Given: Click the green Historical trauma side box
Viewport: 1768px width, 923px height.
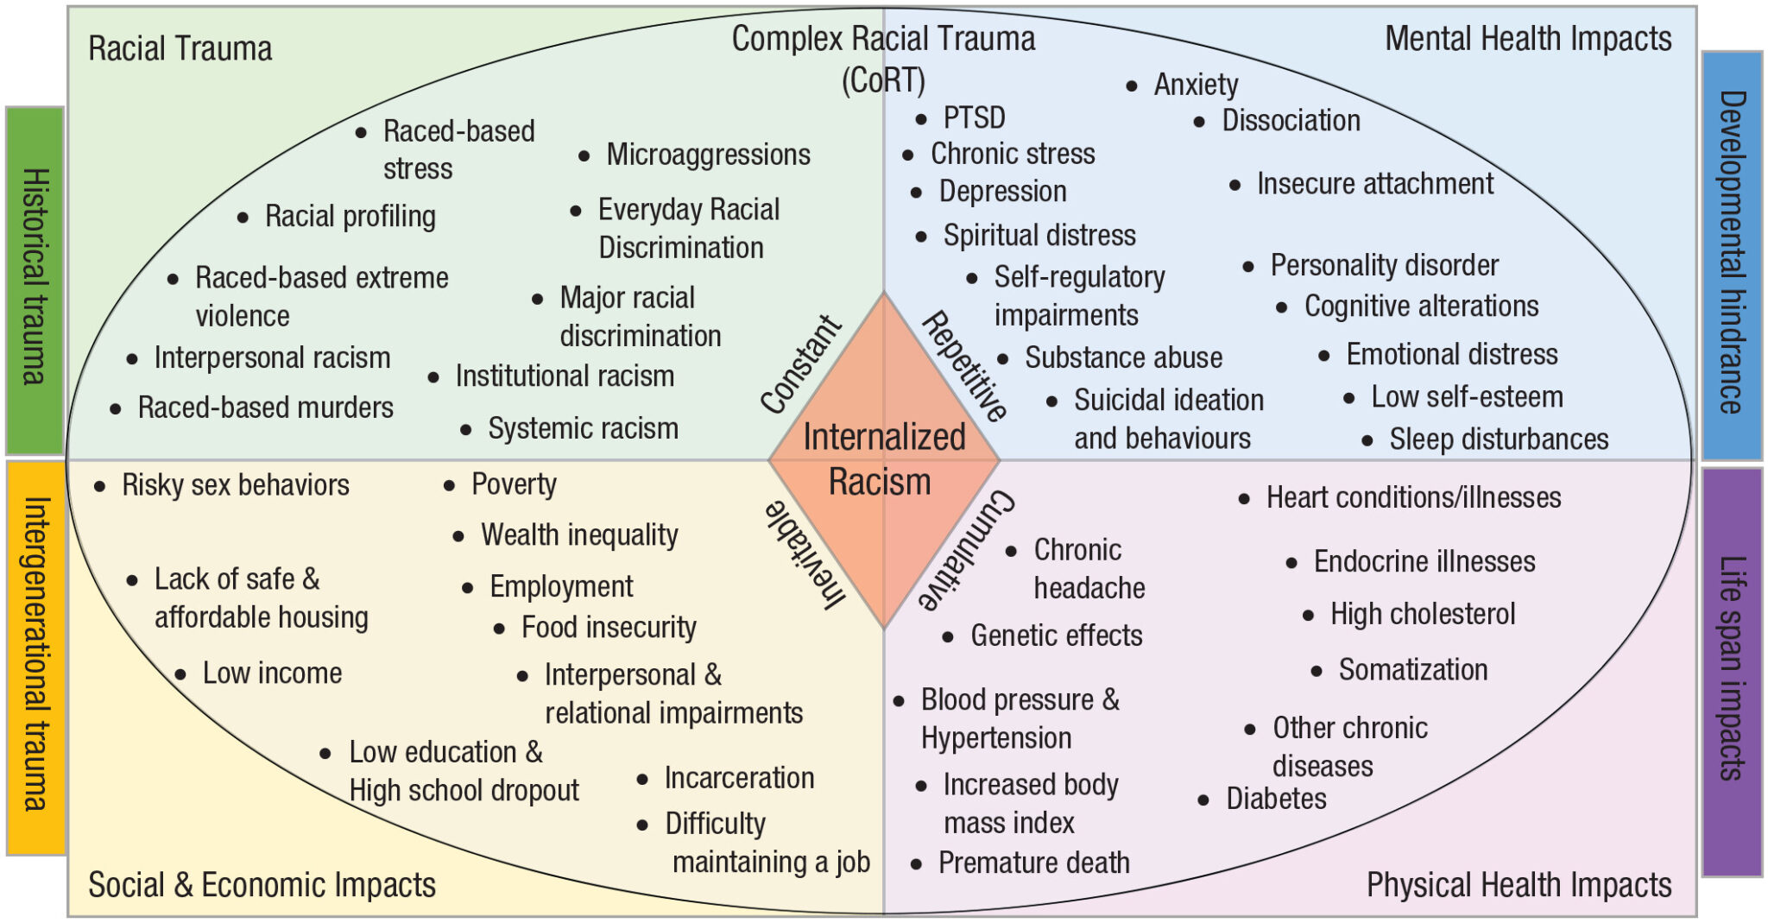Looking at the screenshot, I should pos(35,281).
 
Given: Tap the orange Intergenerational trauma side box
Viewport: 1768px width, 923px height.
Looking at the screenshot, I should pos(35,657).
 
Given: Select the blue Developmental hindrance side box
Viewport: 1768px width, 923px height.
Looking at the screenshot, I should pos(1732,255).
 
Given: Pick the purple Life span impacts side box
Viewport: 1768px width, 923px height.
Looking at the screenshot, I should pos(1732,671).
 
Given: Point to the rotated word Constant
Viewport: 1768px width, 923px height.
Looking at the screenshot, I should pos(800,364).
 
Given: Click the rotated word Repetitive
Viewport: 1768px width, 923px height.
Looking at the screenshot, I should pos(965,365).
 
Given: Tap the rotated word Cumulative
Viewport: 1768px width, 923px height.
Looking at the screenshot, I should pos(966,550).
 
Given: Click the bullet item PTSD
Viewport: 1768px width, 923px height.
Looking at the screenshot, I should pos(973,117).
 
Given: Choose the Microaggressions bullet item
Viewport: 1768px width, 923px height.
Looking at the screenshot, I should pos(708,155).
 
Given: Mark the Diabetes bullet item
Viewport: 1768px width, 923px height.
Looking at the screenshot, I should pos(1275,799).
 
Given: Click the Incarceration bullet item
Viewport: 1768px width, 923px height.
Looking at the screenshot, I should pos(739,778).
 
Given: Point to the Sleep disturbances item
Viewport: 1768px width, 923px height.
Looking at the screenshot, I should pos(1498,439).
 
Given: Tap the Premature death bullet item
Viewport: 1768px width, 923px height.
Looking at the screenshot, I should pos(1033,863).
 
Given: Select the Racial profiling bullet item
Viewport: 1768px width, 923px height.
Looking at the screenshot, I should pos(350,216).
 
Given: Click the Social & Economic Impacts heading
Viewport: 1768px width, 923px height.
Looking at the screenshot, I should pos(262,885).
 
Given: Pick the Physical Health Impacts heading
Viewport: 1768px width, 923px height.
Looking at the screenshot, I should pos(1518,885).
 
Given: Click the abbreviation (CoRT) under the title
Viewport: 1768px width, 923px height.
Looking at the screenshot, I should pos(883,80).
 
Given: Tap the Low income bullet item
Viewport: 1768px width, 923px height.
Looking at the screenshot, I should pos(272,673).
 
